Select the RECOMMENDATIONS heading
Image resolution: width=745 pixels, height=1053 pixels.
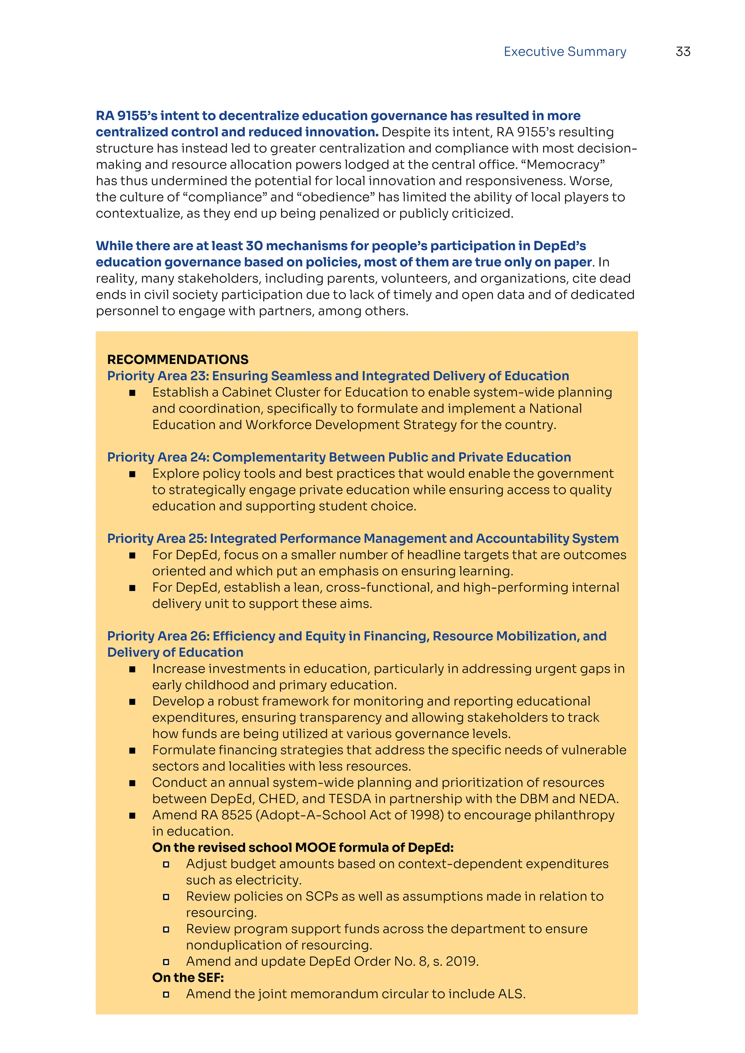pyautogui.click(x=178, y=359)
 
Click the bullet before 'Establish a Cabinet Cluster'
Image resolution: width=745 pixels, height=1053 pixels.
pyautogui.click(x=132, y=393)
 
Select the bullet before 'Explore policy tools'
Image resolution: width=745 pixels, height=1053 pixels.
pyautogui.click(x=132, y=474)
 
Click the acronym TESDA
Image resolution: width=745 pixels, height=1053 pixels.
pyautogui.click(x=350, y=798)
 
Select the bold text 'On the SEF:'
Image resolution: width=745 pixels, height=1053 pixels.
pyautogui.click(x=188, y=977)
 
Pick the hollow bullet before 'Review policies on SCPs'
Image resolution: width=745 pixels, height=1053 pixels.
pyautogui.click(x=166, y=897)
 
